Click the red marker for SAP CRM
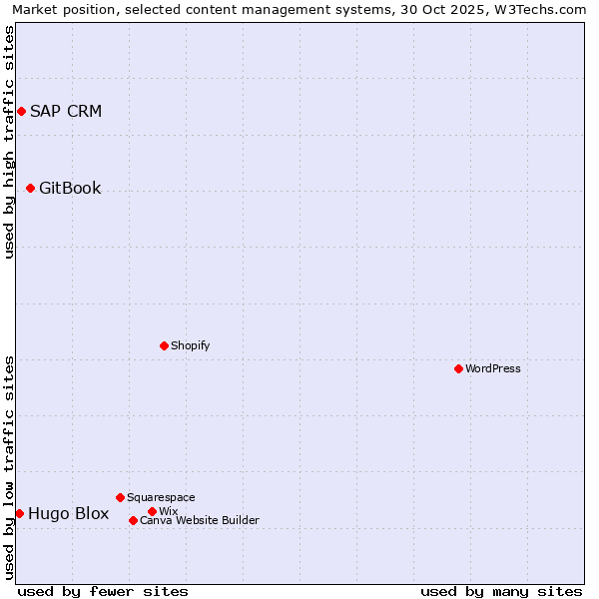coord(21,111)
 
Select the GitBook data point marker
coord(30,188)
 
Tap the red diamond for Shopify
coord(164,345)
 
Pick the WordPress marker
coord(458,368)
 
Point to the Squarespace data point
coord(120,497)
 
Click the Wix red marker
coord(152,511)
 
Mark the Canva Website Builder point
coord(133,520)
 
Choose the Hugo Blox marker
coord(19,513)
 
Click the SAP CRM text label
coord(66,111)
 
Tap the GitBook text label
coord(70,188)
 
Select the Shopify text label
coord(190,345)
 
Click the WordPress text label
coord(493,368)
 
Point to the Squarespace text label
coord(161,497)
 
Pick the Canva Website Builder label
coord(200,520)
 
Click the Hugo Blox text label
coord(69,513)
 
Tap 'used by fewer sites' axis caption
coord(103,591)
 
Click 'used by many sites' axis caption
coord(501,591)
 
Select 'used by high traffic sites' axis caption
coord(9,142)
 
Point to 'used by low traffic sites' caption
coord(9,467)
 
